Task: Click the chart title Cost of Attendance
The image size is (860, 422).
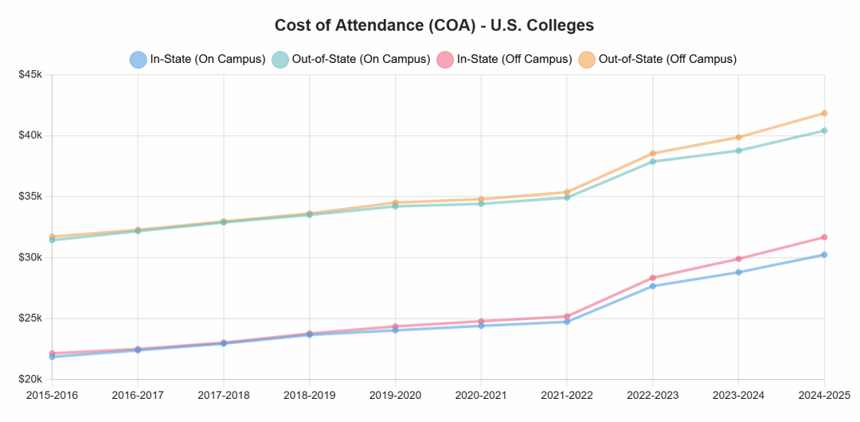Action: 434,25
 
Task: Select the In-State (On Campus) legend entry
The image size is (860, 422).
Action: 197,59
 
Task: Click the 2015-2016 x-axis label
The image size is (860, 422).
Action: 53,393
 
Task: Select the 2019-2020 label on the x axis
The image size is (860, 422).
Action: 396,393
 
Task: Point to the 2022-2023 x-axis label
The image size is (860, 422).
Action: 653,393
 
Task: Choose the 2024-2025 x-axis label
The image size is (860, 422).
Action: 823,393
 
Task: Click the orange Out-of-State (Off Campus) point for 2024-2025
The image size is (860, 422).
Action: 824,113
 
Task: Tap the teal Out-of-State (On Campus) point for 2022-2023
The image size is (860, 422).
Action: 653,162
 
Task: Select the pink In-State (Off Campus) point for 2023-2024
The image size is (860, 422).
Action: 738,259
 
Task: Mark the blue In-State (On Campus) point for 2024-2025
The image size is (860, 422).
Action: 824,255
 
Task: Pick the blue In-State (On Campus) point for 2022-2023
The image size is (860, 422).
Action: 653,286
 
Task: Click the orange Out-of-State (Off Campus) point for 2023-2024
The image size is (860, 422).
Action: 738,137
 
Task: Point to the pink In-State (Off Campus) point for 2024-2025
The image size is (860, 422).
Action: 824,237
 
